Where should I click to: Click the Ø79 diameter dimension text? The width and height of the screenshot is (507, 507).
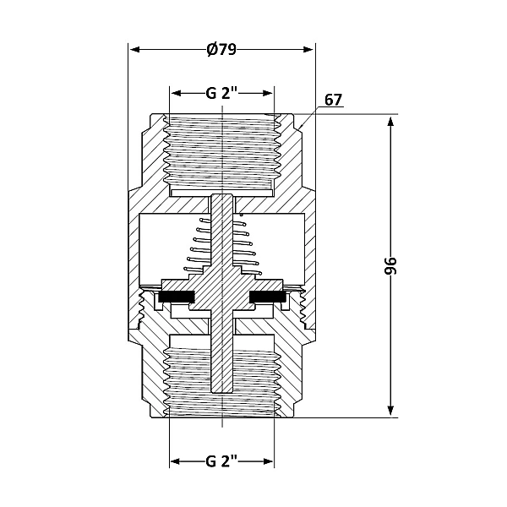coord(221,48)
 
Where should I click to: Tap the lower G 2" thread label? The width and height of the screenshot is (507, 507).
coord(221,462)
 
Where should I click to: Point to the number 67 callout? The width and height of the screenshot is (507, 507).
coord(333,100)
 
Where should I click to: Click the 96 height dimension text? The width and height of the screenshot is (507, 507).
coord(402,265)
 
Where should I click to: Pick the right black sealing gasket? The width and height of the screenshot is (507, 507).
coord(268,297)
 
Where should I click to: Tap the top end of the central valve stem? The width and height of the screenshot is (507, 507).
coord(221,198)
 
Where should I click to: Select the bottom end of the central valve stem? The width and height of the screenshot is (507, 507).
coord(221,390)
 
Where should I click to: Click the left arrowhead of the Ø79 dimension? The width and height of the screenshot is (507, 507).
coord(134,48)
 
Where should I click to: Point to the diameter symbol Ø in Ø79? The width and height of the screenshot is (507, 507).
coord(211,48)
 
